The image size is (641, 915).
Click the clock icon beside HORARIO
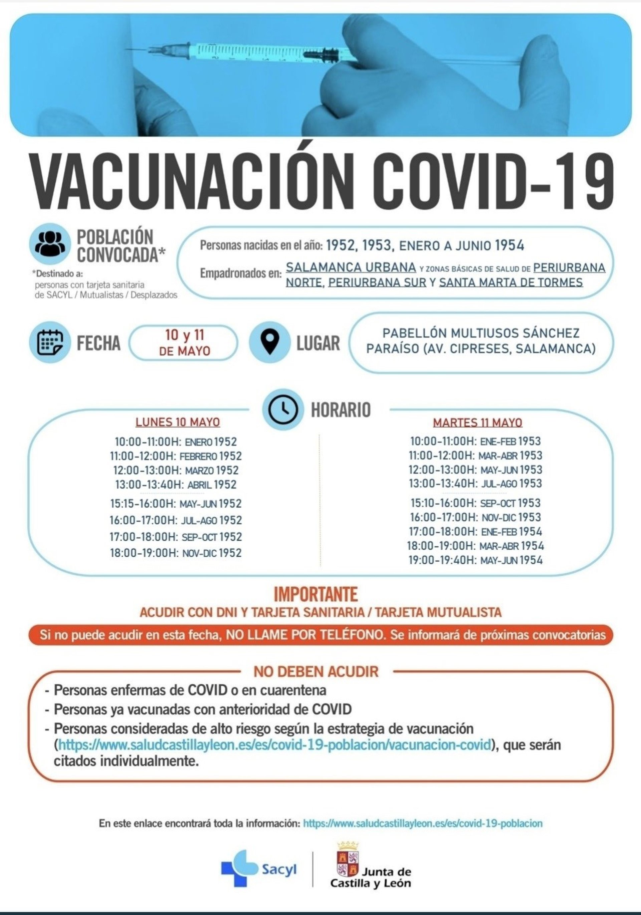[x=282, y=409]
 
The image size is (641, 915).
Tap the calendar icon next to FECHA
[x=50, y=343]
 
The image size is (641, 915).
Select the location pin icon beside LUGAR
[x=270, y=343]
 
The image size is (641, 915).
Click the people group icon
[x=50, y=243]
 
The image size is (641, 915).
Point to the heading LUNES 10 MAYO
[x=178, y=422]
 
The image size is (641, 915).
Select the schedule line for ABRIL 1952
[x=176, y=485]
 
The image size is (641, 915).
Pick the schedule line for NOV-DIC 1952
[x=176, y=553]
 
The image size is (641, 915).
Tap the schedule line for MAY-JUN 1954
[x=475, y=560]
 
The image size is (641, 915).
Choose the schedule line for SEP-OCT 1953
[x=475, y=503]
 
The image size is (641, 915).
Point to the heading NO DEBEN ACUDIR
[x=316, y=672]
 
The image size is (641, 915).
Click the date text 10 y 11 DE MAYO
[x=184, y=343]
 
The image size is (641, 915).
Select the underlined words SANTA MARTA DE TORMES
[x=511, y=283]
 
